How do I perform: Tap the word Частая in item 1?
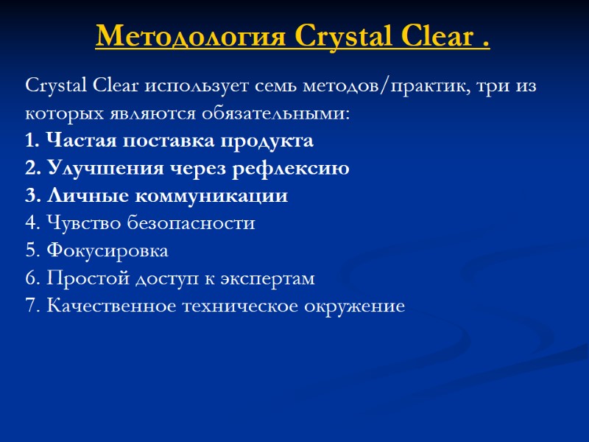pos(74,141)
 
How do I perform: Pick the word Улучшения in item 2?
pos(93,169)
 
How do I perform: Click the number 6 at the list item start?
pos(29,278)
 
